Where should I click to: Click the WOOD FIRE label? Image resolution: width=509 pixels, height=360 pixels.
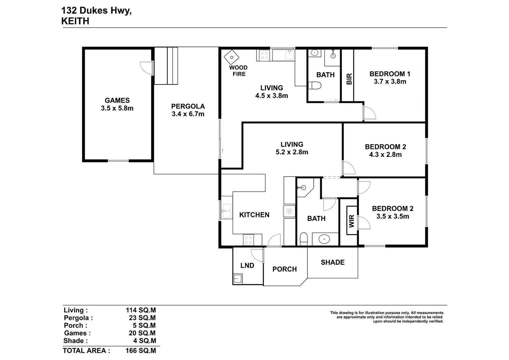point(238,71)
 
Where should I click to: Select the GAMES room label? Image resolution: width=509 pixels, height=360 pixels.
point(117,100)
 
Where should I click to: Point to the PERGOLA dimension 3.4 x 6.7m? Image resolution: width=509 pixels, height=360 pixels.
point(188,114)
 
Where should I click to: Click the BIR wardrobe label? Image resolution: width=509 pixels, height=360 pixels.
point(349,79)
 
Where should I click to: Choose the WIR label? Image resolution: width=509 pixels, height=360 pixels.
point(351,221)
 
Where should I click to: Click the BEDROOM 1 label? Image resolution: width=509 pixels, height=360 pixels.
point(390,74)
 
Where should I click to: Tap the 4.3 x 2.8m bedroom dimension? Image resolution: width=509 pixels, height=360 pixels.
point(385,155)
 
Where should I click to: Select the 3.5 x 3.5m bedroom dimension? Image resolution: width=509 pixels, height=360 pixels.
point(393,216)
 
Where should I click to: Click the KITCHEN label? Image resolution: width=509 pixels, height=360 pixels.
point(254,215)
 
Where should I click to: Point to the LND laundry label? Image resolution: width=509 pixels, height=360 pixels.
point(247,266)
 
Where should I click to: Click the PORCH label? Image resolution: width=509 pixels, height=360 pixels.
point(284,269)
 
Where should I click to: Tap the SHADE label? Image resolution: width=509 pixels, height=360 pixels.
point(332,263)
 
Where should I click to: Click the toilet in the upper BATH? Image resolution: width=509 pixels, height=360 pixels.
point(314,86)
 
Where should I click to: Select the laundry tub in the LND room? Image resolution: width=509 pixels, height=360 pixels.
point(238,278)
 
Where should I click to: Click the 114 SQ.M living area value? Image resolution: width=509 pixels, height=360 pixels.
point(141,310)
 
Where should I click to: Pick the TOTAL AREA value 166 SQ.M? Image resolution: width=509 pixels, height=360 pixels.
point(141,351)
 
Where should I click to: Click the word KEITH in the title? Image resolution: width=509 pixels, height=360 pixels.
point(75,21)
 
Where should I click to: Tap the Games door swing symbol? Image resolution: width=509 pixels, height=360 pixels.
point(147,68)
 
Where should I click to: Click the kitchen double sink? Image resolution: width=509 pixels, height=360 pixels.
point(227,211)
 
